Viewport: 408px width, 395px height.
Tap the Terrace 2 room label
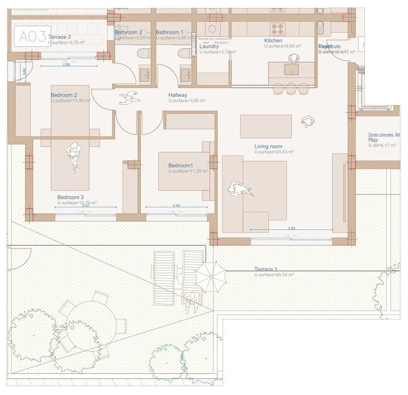(x=59, y=38)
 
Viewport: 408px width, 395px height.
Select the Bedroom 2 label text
(x=64, y=95)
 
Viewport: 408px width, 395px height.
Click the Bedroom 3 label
(x=70, y=197)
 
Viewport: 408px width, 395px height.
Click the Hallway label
(x=178, y=95)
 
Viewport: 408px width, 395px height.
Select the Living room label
(x=268, y=147)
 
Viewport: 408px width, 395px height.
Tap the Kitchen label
(x=273, y=41)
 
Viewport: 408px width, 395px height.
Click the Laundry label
(x=209, y=46)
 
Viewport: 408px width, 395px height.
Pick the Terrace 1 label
(x=266, y=270)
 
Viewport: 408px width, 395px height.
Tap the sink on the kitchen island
(x=292, y=69)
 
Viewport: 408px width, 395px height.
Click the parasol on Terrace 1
(x=211, y=276)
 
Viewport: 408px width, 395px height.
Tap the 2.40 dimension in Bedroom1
(x=176, y=206)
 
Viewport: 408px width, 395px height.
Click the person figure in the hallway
(x=128, y=97)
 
